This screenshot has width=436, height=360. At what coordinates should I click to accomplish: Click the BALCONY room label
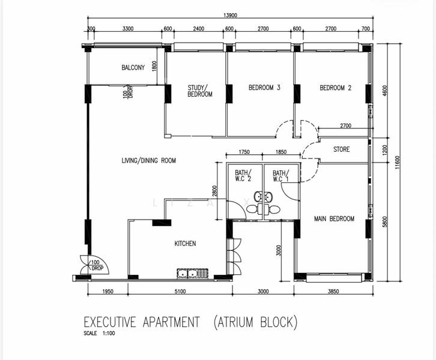click(133, 68)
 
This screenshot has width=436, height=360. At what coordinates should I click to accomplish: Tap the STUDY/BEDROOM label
click(199, 91)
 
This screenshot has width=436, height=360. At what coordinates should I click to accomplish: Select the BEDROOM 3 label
click(264, 88)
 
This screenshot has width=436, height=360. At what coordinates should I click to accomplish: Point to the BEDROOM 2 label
click(335, 88)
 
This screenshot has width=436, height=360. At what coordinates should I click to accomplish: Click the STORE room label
click(341, 149)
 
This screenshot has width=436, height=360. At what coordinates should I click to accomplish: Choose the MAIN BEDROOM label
click(334, 218)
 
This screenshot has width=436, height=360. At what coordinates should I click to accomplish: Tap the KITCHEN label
click(185, 243)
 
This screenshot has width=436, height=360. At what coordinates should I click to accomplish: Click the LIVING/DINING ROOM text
click(149, 160)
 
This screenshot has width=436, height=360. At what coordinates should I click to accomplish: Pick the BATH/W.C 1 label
click(280, 176)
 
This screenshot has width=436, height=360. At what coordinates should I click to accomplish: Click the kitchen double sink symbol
click(190, 274)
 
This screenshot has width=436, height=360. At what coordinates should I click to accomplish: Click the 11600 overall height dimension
click(397, 162)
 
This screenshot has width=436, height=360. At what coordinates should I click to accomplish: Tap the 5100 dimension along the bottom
click(180, 292)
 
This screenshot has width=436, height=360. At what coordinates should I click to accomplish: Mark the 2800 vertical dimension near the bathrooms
click(214, 191)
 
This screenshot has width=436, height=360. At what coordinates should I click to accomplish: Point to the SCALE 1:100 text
click(99, 334)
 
